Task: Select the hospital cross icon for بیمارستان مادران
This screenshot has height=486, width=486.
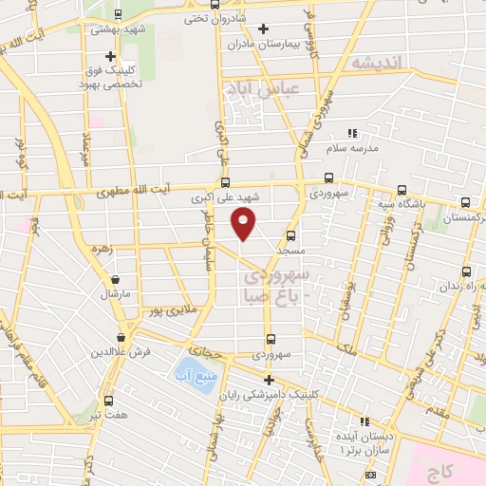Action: [263, 29]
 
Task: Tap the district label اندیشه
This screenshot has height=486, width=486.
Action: [377, 62]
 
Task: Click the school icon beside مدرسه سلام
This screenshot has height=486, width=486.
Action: [351, 134]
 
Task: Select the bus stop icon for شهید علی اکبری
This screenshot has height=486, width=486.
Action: [225, 181]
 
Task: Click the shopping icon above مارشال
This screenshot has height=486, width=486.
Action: [116, 280]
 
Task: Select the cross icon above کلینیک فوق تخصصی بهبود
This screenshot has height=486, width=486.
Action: [111, 56]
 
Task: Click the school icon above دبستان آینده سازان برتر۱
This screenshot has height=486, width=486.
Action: [362, 422]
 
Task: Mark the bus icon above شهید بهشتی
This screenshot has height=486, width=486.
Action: [118, 14]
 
